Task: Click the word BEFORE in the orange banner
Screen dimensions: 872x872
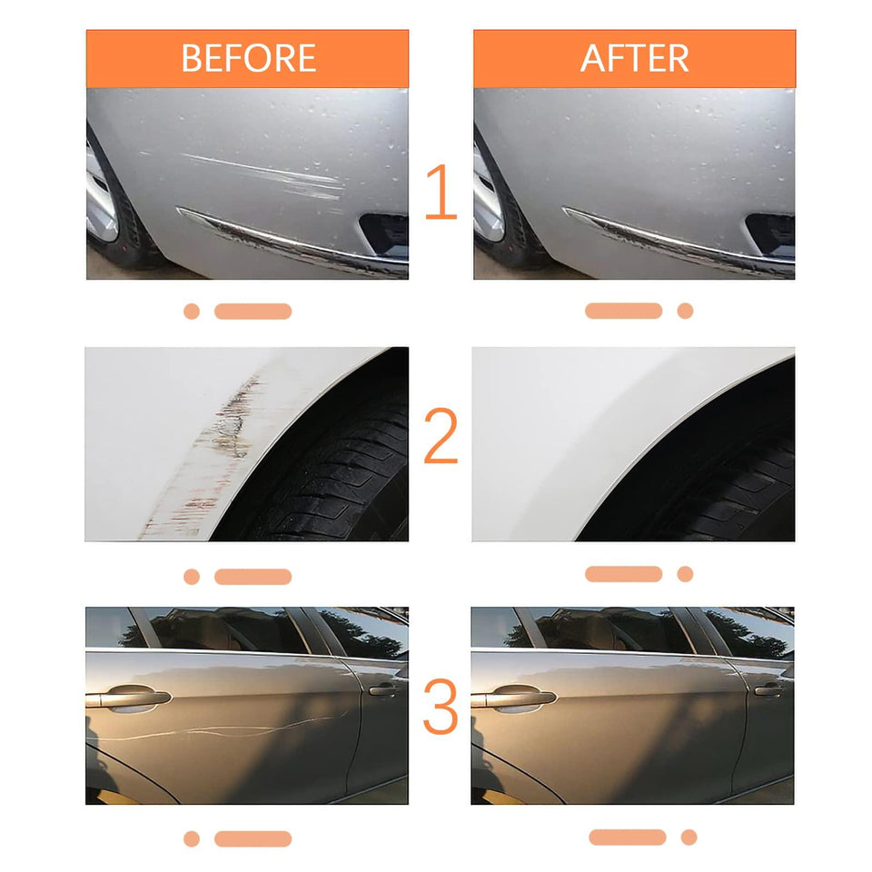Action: [x=248, y=58]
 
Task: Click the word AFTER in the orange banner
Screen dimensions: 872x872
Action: [x=634, y=58]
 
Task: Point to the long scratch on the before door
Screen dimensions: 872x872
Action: [x=227, y=729]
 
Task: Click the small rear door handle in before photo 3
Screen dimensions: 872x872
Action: [x=382, y=690]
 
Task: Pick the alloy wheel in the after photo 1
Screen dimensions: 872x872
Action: [x=487, y=195]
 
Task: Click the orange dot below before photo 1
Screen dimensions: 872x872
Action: [x=191, y=312]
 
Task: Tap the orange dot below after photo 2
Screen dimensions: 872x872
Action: [x=685, y=574]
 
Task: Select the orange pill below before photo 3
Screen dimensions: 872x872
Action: [x=253, y=838]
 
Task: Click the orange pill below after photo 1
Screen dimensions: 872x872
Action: [x=623, y=311]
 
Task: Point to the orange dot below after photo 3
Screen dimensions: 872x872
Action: [x=689, y=837]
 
